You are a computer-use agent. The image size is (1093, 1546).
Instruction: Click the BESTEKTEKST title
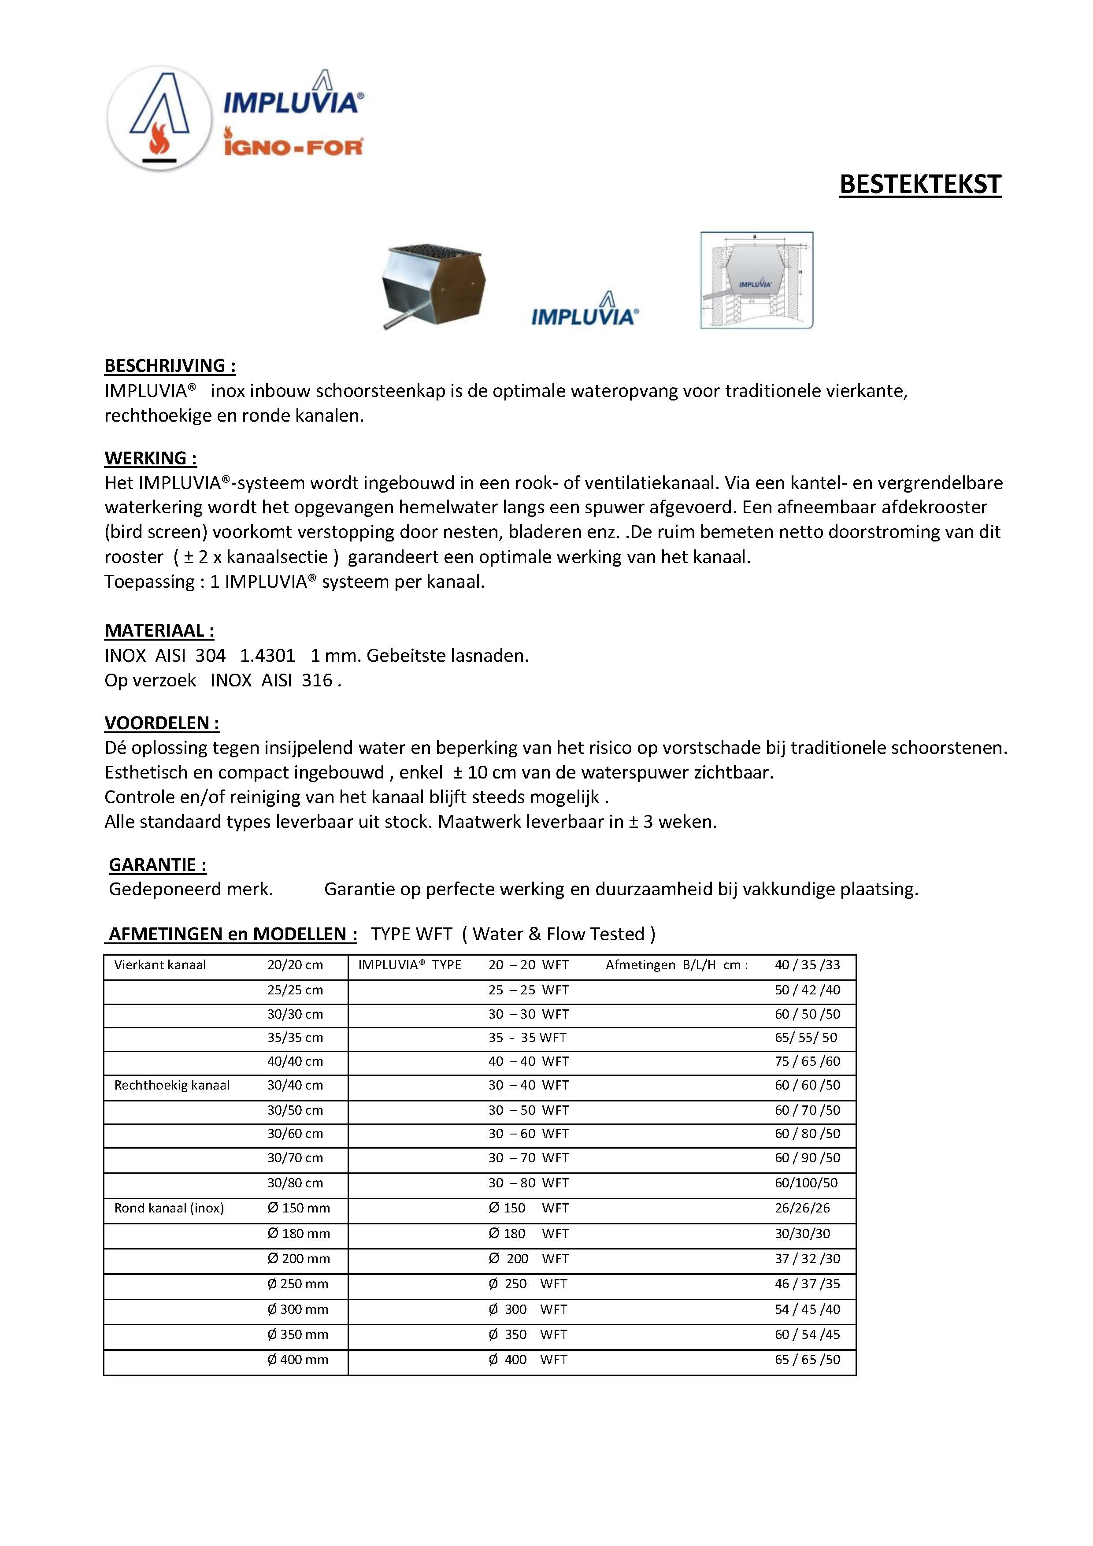(x=920, y=185)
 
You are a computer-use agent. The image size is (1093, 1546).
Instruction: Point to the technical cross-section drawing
(x=756, y=280)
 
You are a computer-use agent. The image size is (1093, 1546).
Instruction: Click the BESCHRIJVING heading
(x=170, y=366)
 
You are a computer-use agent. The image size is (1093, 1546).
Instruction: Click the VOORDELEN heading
(x=162, y=723)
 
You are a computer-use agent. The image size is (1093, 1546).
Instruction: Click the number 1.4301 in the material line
(x=267, y=655)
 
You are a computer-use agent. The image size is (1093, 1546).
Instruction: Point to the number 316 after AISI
(x=316, y=680)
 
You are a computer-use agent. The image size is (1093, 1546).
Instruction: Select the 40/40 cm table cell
(x=295, y=1061)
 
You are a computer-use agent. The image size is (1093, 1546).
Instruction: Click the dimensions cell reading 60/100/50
(x=806, y=1183)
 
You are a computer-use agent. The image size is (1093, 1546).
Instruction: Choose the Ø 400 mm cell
(x=298, y=1360)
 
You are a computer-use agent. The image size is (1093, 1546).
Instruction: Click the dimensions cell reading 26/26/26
(x=802, y=1208)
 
